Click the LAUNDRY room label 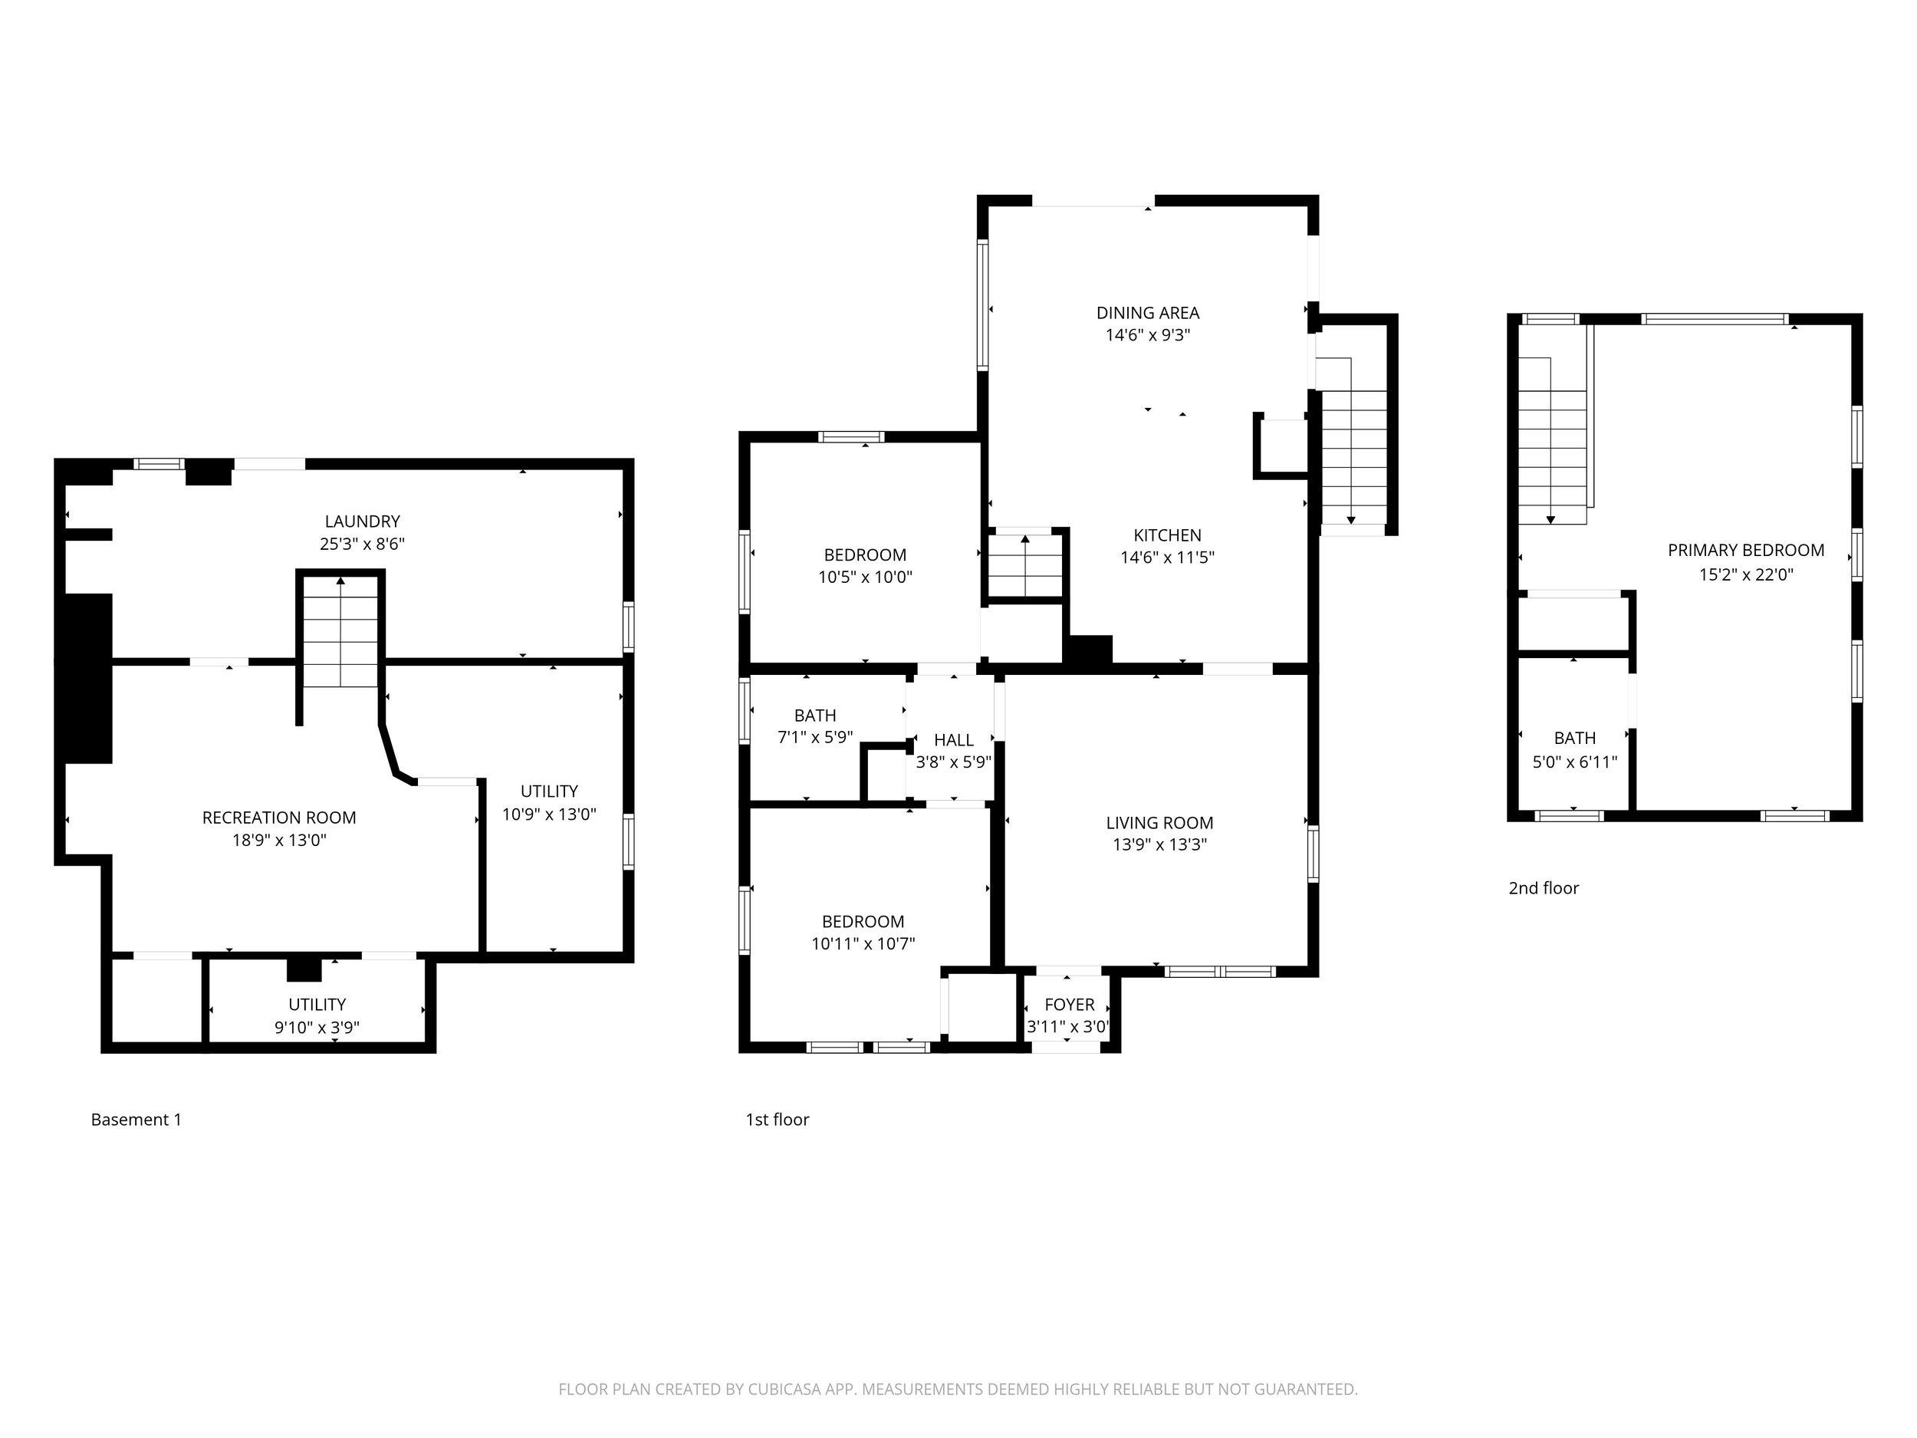click(362, 521)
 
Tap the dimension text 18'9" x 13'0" click(278, 840)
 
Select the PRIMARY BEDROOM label click(1745, 551)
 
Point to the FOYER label click(1069, 1005)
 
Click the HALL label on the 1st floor click(953, 740)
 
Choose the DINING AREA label click(1147, 313)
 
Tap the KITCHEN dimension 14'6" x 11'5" click(1166, 558)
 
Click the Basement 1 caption click(136, 1119)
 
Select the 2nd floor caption click(1544, 887)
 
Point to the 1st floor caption click(778, 1119)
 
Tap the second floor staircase click(1551, 442)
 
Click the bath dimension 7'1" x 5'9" click(814, 737)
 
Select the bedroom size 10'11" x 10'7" click(863, 944)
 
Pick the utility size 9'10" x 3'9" click(317, 1027)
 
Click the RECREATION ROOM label click(278, 818)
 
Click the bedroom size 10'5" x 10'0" click(865, 578)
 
